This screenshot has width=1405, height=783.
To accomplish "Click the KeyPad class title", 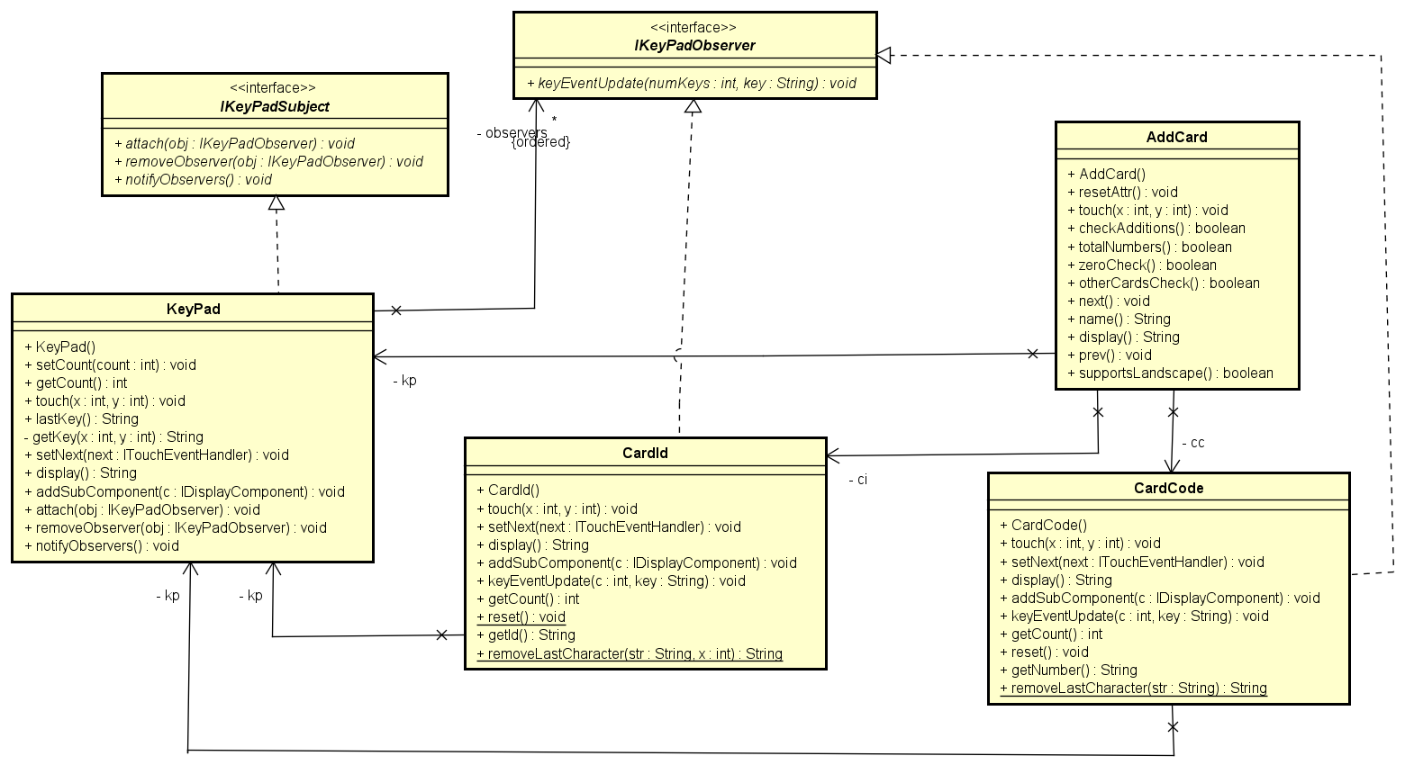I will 193,309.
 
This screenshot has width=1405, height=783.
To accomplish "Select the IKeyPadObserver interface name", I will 694,45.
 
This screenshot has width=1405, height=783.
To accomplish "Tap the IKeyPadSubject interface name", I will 275,106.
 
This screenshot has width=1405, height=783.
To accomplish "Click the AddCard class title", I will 1176,137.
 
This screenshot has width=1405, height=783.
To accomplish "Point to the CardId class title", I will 645,453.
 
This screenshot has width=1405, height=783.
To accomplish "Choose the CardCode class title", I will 1168,488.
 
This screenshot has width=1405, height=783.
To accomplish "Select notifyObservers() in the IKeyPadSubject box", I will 193,179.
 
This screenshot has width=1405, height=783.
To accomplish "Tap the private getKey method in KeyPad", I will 113,436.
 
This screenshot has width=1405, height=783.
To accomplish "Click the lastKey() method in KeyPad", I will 82,418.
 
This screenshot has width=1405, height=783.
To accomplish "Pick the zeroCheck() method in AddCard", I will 1141,265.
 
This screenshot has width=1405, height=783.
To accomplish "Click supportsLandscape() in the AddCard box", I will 1170,373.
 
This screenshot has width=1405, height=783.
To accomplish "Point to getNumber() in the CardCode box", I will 1068,670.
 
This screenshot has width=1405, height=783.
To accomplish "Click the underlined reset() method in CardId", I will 521,616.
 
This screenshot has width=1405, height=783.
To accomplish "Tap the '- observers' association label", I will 511,132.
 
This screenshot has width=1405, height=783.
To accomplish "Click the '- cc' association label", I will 1192,442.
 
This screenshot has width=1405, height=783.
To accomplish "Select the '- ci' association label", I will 857,479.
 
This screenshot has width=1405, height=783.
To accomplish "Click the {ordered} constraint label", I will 540,142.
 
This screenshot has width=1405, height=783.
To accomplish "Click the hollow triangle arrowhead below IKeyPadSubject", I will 276,203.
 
